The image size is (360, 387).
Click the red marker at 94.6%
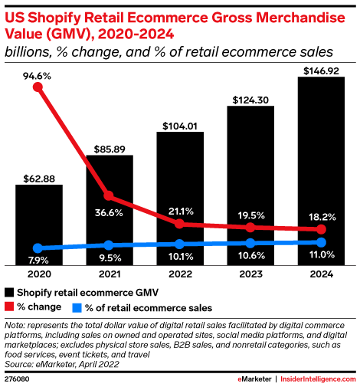[x=38, y=87]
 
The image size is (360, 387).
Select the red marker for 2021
[x=109, y=195]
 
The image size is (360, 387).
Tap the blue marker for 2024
[x=321, y=242]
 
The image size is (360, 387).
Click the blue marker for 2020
[x=38, y=248]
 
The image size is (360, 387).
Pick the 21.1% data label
[x=180, y=212]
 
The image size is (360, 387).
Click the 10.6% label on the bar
[x=250, y=255]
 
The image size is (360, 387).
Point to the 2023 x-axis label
[x=250, y=274]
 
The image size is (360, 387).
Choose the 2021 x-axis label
[x=109, y=274]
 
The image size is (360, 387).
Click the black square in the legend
[x=10, y=293]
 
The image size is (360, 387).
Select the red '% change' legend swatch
[x=10, y=308]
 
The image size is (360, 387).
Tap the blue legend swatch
[x=77, y=308]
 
